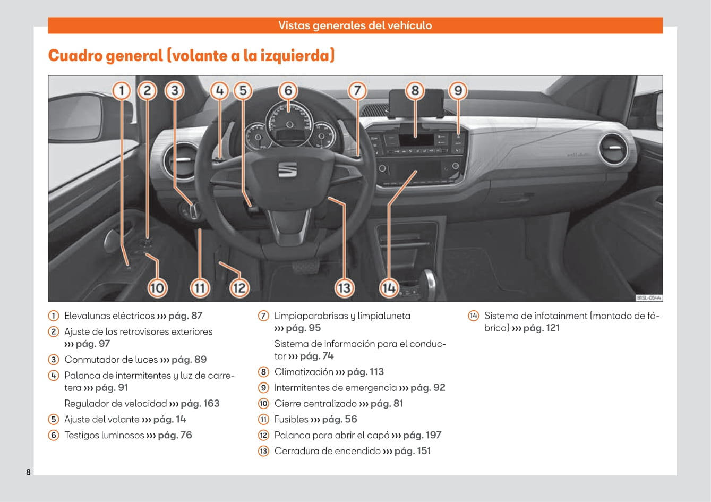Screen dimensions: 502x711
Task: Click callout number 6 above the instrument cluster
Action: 288,91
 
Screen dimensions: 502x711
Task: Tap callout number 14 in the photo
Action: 389,288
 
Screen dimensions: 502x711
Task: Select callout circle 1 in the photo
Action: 122,91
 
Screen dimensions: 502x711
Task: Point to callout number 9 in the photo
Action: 458,91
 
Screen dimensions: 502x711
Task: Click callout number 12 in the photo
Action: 239,288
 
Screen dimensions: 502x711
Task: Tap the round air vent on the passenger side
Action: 613,149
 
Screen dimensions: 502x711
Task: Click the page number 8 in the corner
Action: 28,472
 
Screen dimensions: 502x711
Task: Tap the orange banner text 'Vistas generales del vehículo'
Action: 355,25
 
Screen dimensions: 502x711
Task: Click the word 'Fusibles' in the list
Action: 291,419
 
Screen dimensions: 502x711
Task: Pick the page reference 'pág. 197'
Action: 422,435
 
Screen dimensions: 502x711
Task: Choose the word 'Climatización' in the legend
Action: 304,372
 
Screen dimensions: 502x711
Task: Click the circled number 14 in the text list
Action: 473,316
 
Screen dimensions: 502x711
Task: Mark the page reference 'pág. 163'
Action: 200,404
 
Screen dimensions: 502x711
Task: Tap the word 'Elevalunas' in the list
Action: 88,316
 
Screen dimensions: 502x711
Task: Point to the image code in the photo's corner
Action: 649,298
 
